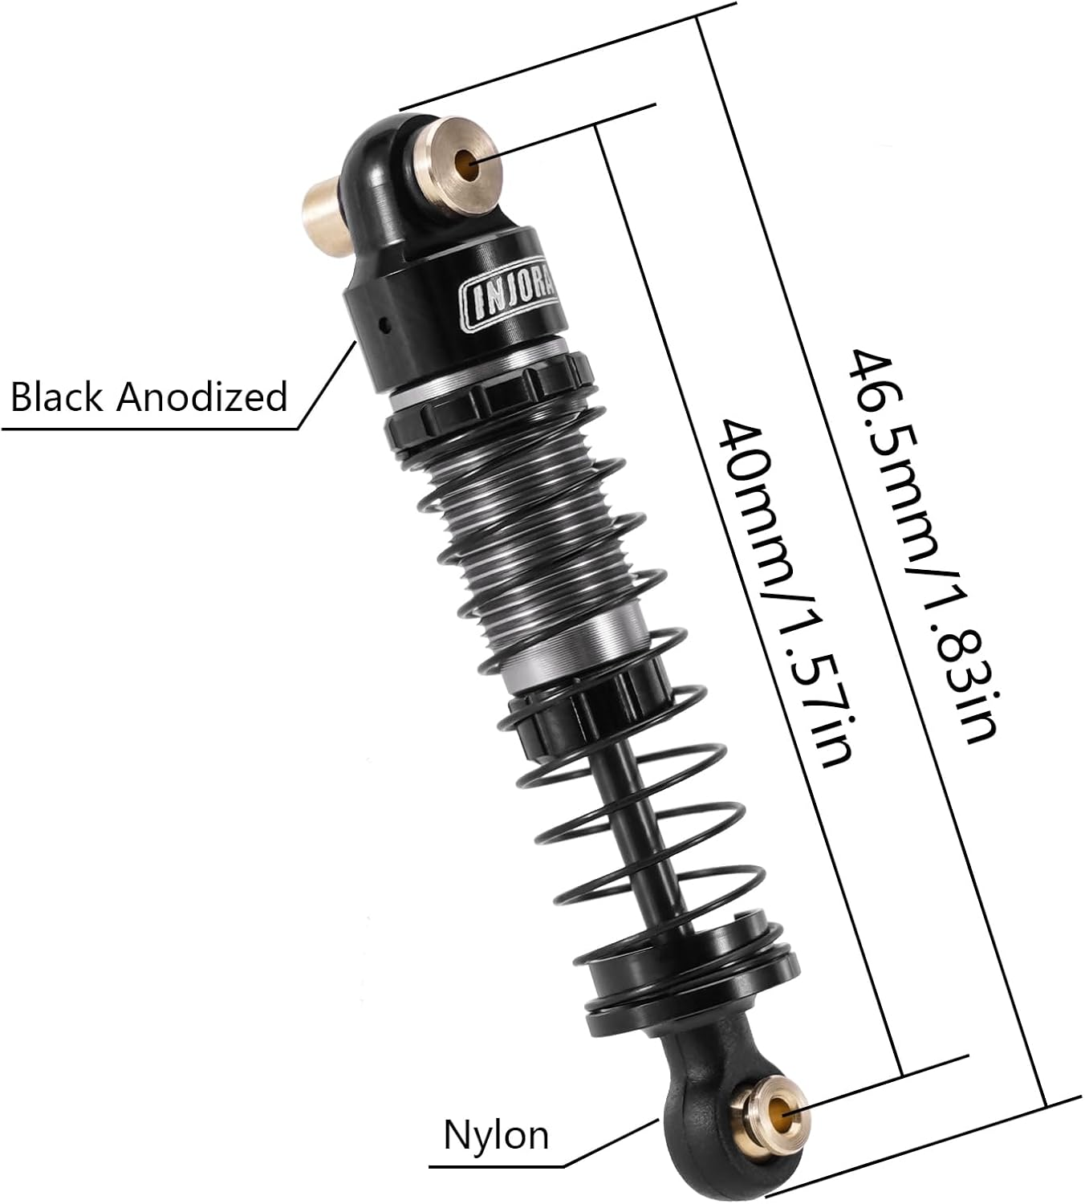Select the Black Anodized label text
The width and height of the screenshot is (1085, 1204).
tap(149, 397)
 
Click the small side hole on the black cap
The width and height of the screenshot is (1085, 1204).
tap(385, 324)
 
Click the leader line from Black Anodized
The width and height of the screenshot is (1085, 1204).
tap(327, 385)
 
